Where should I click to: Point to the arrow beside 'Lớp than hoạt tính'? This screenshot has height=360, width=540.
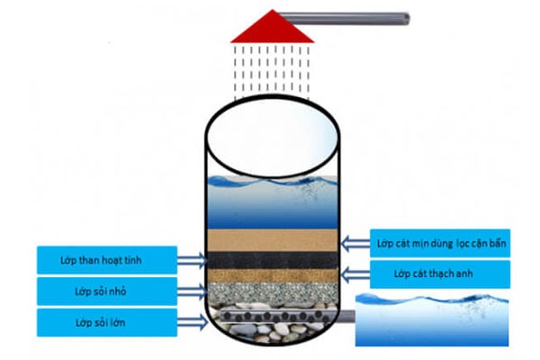click(x=189, y=261)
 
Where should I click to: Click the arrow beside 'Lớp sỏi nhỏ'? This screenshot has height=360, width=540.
click(x=189, y=292)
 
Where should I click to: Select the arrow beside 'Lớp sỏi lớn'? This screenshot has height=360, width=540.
click(x=189, y=321)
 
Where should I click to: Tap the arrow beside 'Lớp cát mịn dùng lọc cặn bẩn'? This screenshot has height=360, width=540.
click(x=355, y=242)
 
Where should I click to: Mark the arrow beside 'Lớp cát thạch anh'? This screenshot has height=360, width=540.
click(x=355, y=274)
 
